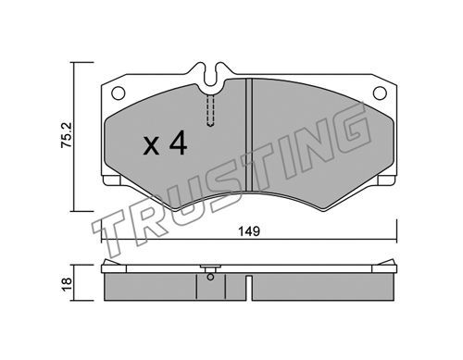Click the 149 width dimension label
tap(249, 231)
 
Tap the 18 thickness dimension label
tap(67, 284)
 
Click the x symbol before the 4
tap(151, 146)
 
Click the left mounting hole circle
tap(118, 93)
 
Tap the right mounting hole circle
tap(380, 93)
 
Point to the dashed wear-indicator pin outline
tap(210, 110)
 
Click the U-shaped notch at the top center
tap(210, 75)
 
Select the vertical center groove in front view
tap(249, 135)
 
